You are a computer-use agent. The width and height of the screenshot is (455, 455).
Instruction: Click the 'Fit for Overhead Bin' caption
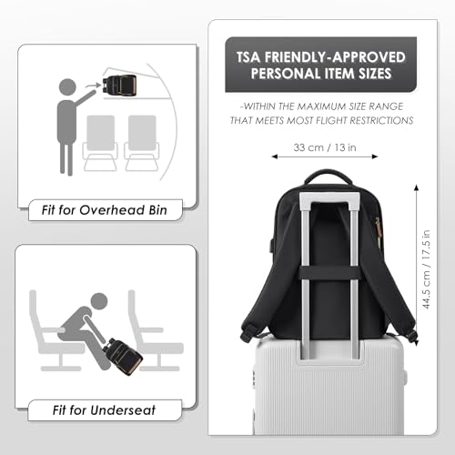(x=105, y=210)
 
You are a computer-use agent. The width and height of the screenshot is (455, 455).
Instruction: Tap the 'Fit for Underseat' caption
(x=104, y=410)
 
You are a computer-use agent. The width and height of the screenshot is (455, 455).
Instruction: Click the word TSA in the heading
(x=248, y=57)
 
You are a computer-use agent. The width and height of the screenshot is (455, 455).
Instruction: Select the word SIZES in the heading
(x=375, y=74)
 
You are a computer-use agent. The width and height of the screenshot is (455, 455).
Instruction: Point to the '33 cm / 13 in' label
(x=325, y=147)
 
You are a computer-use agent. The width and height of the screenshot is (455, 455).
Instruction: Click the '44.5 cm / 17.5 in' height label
(x=426, y=269)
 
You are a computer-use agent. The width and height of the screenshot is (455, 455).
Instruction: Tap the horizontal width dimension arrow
(x=325, y=157)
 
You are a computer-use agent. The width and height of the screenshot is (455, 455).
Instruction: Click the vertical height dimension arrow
(x=417, y=265)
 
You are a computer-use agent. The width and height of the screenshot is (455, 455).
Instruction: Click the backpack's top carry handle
(x=327, y=176)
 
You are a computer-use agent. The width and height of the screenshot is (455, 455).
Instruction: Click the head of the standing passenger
(x=67, y=87)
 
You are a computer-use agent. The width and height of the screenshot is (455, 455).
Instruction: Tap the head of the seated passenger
(x=99, y=302)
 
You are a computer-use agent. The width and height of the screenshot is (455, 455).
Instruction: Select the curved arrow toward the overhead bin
(x=92, y=86)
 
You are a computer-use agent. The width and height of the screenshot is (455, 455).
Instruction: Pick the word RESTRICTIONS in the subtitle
(x=381, y=120)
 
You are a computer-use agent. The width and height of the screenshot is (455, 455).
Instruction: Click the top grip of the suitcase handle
(x=329, y=196)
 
